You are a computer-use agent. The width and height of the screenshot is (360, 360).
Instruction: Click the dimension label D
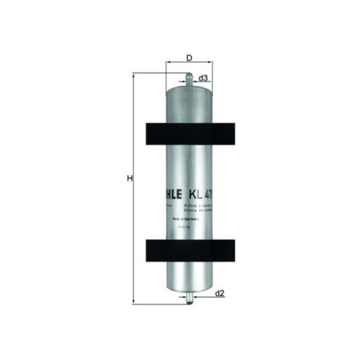tap(189, 57)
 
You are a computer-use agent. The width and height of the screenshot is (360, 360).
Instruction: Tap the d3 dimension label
tap(203, 78)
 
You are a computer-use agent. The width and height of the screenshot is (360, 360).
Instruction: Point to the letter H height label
tap(129, 178)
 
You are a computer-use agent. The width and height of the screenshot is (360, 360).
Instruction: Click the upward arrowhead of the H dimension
tap(134, 75)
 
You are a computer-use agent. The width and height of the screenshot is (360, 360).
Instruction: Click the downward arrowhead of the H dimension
tap(134, 300)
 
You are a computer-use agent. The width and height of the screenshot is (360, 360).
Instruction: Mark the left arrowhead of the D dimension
tap(168, 63)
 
